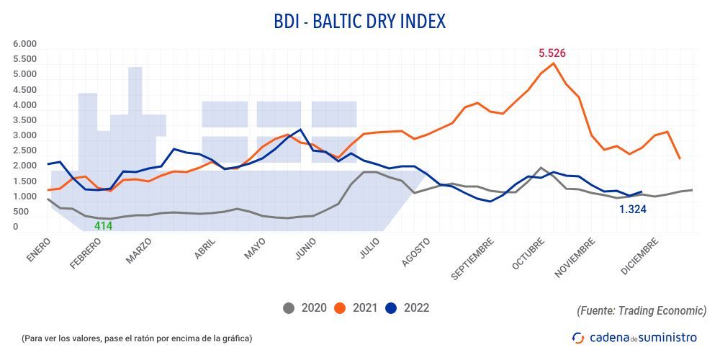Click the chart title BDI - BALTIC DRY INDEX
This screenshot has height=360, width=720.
(x=360, y=22)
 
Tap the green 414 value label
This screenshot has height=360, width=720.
(x=104, y=226)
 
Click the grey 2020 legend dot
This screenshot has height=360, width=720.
(x=289, y=308)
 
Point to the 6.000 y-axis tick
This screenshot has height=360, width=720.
(x=24, y=44)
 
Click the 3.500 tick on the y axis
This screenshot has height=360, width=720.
(x=24, y=120)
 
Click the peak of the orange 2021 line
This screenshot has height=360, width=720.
(x=554, y=63)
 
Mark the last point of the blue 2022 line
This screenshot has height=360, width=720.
(x=641, y=192)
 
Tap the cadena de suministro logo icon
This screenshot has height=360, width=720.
(x=577, y=337)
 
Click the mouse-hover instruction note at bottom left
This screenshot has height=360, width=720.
(x=137, y=338)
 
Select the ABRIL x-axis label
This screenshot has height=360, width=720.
(x=207, y=249)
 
